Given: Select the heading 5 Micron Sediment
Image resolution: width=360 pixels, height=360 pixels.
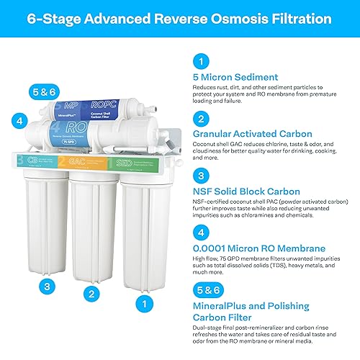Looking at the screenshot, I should click(x=236, y=77).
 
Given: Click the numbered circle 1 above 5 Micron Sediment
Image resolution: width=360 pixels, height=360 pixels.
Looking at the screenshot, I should click(x=203, y=62).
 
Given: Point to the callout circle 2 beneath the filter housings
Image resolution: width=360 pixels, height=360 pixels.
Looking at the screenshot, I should click(x=90, y=293).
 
